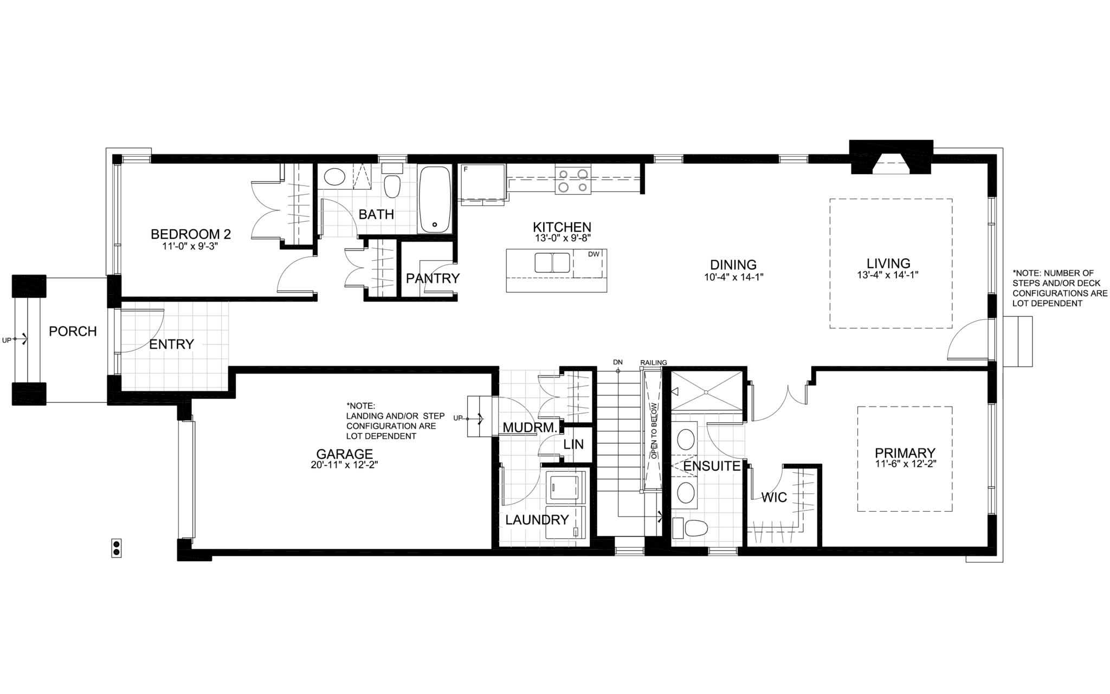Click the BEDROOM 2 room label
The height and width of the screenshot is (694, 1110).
191,234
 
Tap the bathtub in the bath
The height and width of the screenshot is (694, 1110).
435,199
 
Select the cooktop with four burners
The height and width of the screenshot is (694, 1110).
573,181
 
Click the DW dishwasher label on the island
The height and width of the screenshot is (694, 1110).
594,254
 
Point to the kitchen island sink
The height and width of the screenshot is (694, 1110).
552,263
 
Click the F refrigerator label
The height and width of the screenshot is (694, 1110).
466,169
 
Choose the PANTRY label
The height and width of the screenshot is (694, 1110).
433,278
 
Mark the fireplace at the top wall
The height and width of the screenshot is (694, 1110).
891,157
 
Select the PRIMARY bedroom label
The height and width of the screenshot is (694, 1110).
905,453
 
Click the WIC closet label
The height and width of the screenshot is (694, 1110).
774,497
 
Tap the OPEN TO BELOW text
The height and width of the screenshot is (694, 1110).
654,431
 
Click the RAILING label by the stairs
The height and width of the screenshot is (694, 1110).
654,362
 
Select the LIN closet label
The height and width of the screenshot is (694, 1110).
573,445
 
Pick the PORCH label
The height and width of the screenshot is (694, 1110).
73,331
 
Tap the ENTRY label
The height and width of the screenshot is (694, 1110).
171,344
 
